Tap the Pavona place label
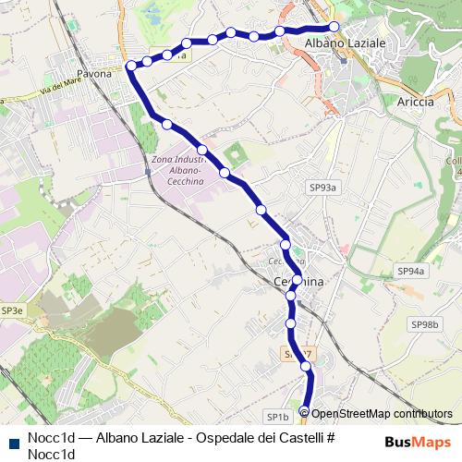[94, 72]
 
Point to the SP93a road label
[323, 188]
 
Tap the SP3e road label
[12, 311]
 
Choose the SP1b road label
[278, 416]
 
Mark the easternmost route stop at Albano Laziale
[334, 27]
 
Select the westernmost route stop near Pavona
[131, 67]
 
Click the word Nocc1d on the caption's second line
[51, 454]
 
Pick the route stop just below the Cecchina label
[292, 296]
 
